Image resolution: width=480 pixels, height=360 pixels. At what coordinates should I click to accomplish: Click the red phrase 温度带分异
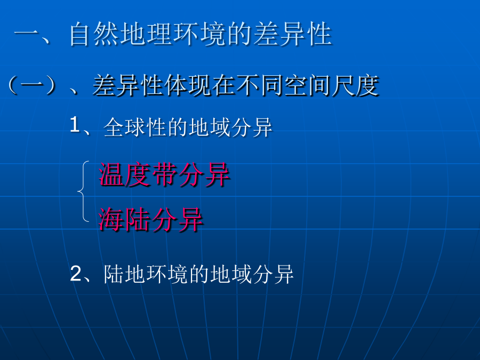coord(164,174)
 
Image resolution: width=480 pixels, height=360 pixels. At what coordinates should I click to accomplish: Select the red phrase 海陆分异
coord(150,219)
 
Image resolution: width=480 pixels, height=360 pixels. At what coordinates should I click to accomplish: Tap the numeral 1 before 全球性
coord(75,125)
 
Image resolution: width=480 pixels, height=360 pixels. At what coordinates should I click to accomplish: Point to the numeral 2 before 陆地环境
coord(76,274)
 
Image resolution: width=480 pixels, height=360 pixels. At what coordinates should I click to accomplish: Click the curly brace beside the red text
coord(83,191)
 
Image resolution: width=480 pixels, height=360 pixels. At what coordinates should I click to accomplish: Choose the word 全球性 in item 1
coord(135,127)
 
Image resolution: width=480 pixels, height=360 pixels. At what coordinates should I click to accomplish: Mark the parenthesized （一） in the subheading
coord(32,85)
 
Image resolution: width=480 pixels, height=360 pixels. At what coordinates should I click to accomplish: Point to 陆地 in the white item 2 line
coord(124,274)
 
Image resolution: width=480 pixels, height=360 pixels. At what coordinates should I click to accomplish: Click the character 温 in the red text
coord(111,174)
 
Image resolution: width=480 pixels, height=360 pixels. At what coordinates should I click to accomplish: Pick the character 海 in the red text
coord(111,219)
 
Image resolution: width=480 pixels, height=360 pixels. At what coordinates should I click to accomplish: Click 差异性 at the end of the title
coord(293,34)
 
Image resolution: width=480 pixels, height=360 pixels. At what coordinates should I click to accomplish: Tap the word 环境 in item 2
coord(166,274)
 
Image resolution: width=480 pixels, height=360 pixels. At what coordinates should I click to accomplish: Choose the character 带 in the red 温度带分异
coord(164,174)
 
